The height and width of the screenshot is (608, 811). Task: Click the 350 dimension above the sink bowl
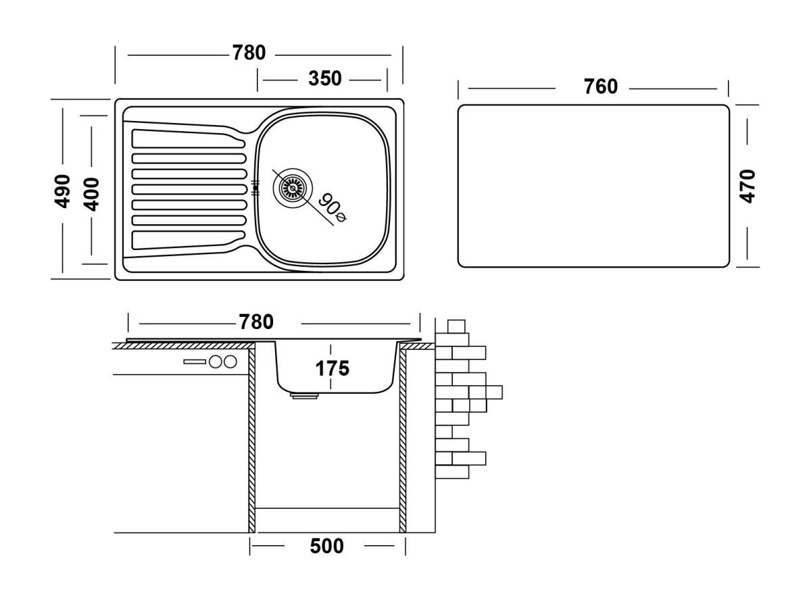click(x=324, y=79)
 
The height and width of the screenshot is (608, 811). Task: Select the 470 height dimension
click(x=747, y=185)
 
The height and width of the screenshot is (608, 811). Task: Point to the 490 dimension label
click(x=63, y=191)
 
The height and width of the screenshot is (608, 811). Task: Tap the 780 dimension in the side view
click(x=255, y=322)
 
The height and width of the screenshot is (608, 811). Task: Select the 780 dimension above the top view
click(x=249, y=53)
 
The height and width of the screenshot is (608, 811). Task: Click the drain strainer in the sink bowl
click(x=293, y=186)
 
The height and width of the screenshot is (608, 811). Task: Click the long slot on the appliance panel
click(x=195, y=362)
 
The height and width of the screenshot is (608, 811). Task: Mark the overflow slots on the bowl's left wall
click(x=255, y=188)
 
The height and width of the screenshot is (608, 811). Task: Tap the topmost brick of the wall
click(x=457, y=325)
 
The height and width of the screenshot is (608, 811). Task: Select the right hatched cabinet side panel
click(x=403, y=439)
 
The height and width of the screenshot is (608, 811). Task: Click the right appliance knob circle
click(x=230, y=361)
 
